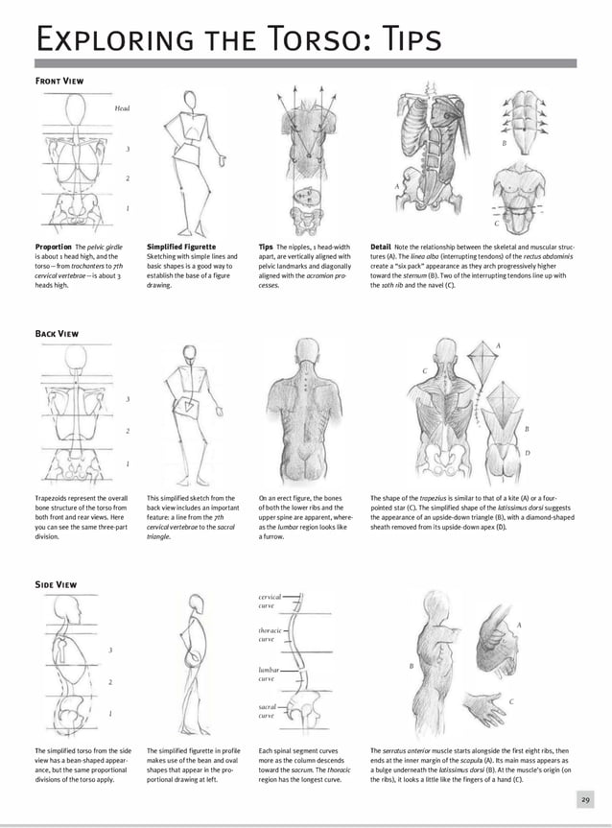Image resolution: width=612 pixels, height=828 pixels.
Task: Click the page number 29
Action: (x=585, y=799)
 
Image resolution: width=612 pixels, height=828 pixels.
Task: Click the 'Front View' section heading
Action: (x=59, y=82)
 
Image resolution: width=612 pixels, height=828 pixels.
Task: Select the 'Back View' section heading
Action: (x=57, y=333)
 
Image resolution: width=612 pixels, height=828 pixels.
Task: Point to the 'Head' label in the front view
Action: (x=122, y=108)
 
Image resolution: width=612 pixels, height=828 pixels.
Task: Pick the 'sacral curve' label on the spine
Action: (x=268, y=711)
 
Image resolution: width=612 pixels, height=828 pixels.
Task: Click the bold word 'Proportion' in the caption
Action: (x=54, y=247)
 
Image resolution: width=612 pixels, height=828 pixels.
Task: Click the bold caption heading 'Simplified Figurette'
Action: (x=181, y=247)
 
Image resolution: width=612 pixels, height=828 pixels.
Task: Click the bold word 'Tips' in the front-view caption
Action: (x=266, y=247)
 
